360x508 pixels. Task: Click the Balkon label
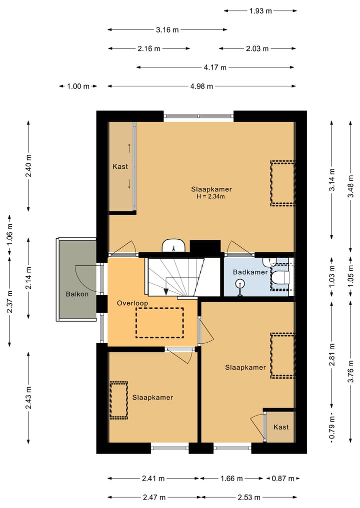click(x=77, y=294)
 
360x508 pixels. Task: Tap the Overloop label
click(x=132, y=303)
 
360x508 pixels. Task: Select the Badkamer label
click(x=250, y=272)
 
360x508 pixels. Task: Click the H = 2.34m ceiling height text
click(x=210, y=196)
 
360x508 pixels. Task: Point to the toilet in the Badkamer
click(x=280, y=277)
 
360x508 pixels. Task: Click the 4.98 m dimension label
click(x=201, y=86)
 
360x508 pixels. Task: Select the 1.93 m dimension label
click(x=260, y=11)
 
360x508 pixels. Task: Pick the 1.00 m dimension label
click(x=78, y=86)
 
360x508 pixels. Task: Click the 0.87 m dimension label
click(x=283, y=479)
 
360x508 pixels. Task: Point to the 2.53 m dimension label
click(x=249, y=498)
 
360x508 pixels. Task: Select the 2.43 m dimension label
click(x=28, y=397)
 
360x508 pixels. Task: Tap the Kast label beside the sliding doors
click(x=120, y=166)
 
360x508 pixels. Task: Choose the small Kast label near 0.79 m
click(x=281, y=427)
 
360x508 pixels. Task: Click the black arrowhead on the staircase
click(x=166, y=291)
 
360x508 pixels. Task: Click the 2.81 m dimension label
click(x=332, y=355)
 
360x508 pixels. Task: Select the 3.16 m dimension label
click(x=167, y=30)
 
